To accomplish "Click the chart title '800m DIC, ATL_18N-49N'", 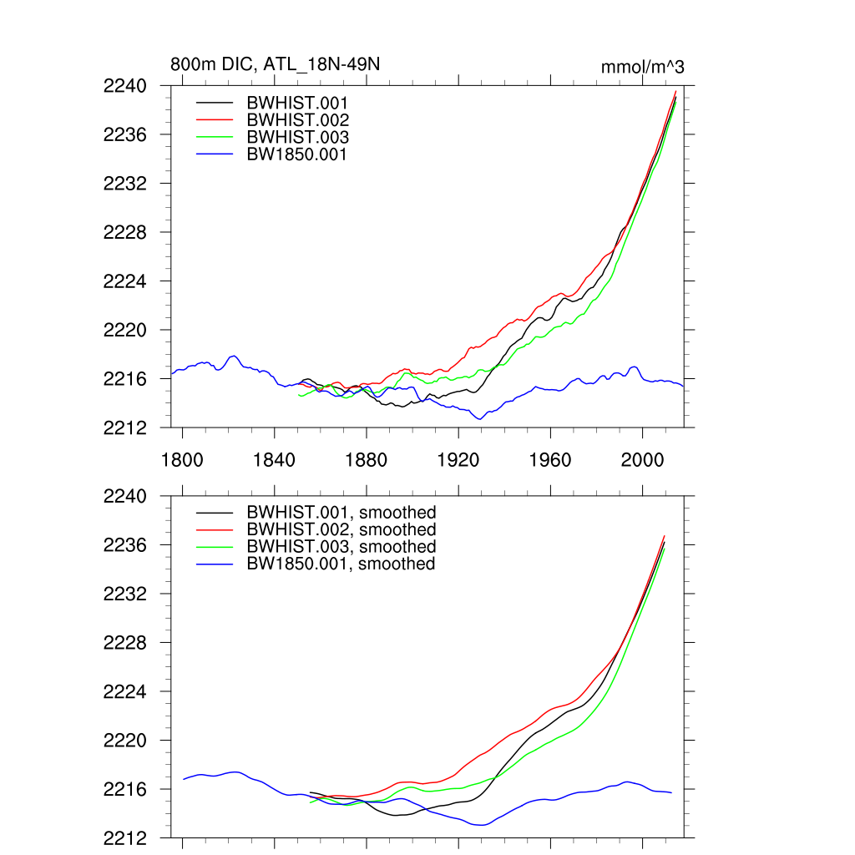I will pos(276,65).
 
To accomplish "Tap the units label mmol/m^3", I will pos(643,67).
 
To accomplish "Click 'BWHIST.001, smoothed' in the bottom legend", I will pos(341,513).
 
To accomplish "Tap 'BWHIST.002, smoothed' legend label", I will pos(341,529).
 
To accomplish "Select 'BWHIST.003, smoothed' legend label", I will pos(341,547).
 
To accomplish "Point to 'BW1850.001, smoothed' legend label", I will pos(341,564).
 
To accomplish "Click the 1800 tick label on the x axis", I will pos(182,460).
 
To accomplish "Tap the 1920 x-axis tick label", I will pos(458,460).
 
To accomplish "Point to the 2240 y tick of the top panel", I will pos(125,86).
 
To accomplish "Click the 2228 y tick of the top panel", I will pos(125,232).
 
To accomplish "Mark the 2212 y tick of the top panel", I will pos(125,427).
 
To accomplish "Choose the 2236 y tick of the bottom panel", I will pos(125,545).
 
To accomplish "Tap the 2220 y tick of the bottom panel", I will pos(125,741).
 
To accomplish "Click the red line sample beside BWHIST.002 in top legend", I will pos(215,120).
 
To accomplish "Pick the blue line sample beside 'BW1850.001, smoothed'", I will pos(215,564).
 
